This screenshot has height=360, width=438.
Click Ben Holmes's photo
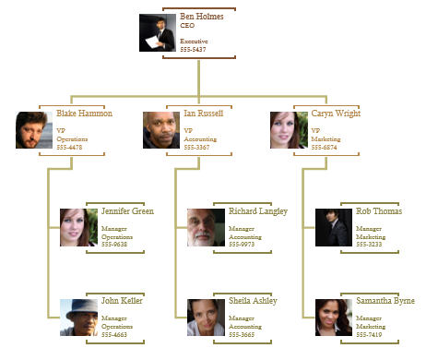click(158, 32)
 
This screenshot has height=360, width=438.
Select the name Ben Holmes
click(201, 17)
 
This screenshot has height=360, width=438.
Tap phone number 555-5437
click(194, 49)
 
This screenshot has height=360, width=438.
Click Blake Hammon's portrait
click(34, 130)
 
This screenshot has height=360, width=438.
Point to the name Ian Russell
click(203, 114)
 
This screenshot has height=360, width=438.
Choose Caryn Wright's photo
click(288, 130)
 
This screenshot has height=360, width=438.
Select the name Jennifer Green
click(127, 211)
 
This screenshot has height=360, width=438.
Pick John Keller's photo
click(78, 317)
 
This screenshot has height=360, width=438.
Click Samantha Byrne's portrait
click(333, 317)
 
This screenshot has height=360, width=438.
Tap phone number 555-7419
click(369, 334)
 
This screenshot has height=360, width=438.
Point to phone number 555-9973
click(242, 245)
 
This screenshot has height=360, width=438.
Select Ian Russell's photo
click(161, 130)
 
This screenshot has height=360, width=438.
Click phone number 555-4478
click(69, 148)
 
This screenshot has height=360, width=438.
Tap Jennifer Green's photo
click(78, 227)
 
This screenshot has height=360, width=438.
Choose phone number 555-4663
click(114, 334)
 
